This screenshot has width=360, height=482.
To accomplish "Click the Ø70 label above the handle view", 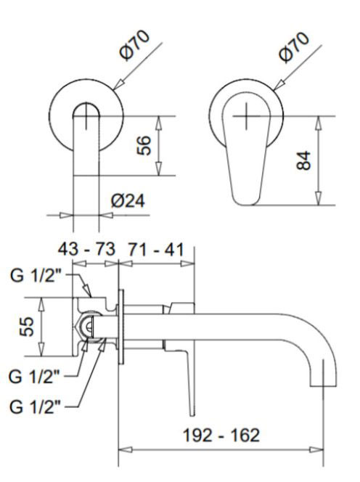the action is (x=294, y=47).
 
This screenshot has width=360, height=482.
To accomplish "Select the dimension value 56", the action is (x=144, y=145).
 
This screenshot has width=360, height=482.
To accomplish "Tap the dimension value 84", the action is (x=303, y=160).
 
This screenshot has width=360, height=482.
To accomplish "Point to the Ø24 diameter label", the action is (x=128, y=201).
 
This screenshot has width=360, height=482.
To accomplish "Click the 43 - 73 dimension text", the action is (x=86, y=249).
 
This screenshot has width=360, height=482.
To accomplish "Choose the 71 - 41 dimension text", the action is (x=156, y=249).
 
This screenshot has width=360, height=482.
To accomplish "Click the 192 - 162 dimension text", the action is (x=221, y=436).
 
